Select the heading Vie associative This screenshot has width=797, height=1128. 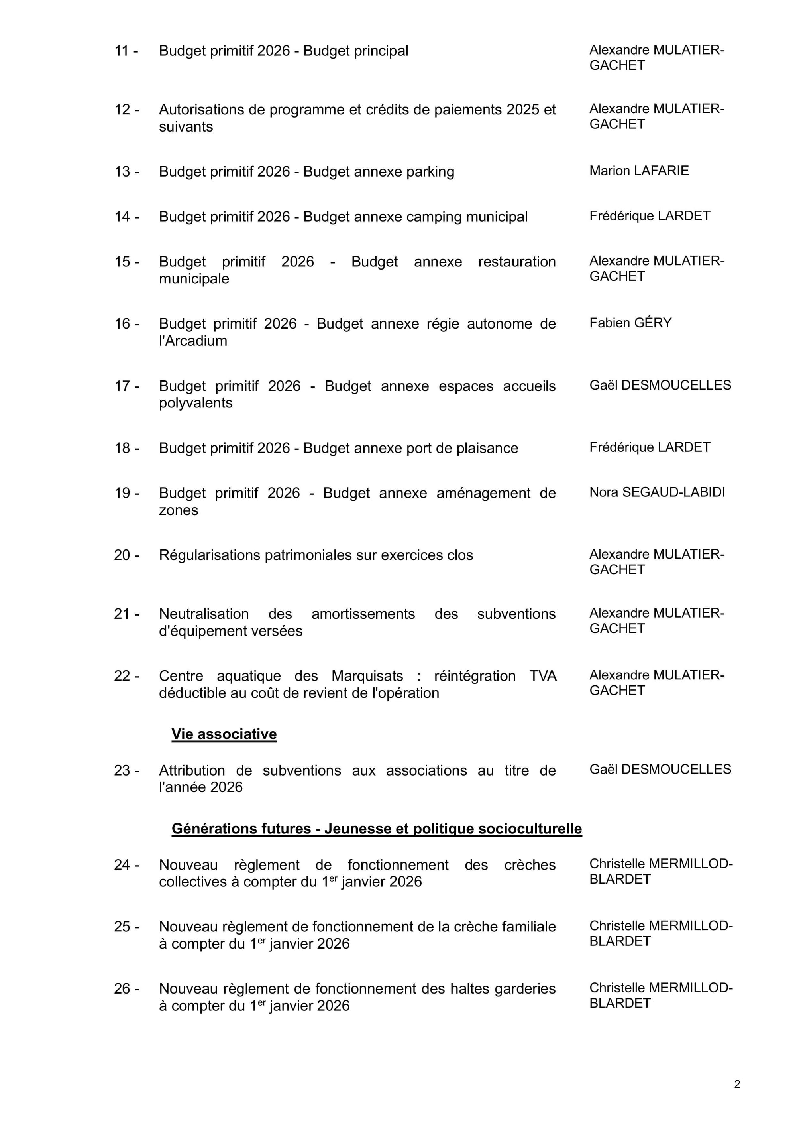point(224,734)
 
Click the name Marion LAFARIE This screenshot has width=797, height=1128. point(639,171)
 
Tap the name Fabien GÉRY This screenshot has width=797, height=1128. point(630,323)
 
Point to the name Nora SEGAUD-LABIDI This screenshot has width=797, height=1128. point(657,492)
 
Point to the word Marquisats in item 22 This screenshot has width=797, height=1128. point(367,676)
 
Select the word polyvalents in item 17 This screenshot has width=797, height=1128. point(195,403)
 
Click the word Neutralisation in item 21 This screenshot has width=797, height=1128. point(204,614)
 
